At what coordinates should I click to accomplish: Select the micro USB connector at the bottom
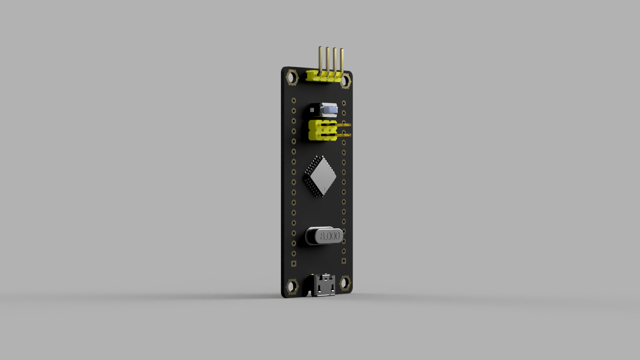pyautogui.click(x=323, y=286)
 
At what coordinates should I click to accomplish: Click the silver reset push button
pyautogui.click(x=328, y=110)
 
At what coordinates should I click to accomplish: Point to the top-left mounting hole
pyautogui.click(x=292, y=77)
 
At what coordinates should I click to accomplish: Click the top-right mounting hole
pyautogui.click(x=346, y=81)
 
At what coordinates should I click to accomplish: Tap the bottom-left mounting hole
pyautogui.click(x=292, y=286)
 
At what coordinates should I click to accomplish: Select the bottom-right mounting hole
pyautogui.click(x=345, y=283)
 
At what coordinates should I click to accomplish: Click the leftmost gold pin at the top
pyautogui.click(x=320, y=60)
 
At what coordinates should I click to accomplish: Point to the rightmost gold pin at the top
pyautogui.click(x=342, y=62)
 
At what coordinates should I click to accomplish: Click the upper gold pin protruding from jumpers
pyautogui.click(x=345, y=125)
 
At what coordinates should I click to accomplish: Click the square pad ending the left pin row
pyautogui.click(x=294, y=264)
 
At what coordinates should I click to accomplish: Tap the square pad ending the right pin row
pyautogui.click(x=344, y=261)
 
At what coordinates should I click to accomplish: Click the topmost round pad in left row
pyautogui.click(x=294, y=100)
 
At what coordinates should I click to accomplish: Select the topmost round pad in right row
pyautogui.click(x=344, y=103)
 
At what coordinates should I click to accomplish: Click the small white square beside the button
pyautogui.click(x=312, y=110)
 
